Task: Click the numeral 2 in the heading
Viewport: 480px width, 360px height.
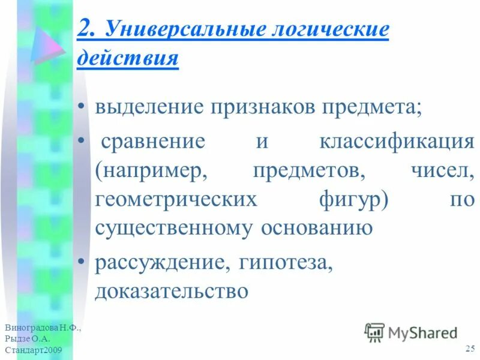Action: click(85, 29)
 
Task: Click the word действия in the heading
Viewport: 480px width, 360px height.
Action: click(127, 59)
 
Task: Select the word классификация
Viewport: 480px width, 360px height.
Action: click(397, 142)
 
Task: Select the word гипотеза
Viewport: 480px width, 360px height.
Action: click(286, 262)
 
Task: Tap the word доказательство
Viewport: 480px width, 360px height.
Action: click(171, 291)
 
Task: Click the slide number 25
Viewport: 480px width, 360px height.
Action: click(470, 349)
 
